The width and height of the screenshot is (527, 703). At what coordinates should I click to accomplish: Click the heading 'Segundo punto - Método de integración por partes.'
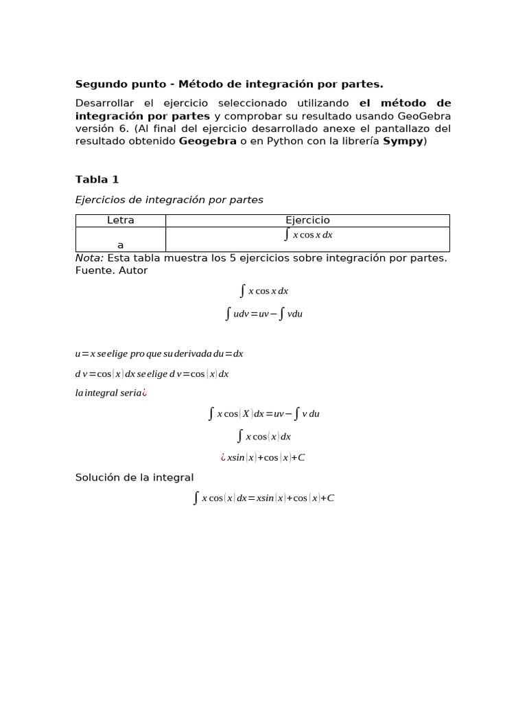coord(229,84)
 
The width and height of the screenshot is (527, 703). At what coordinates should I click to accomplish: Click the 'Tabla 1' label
coord(97,179)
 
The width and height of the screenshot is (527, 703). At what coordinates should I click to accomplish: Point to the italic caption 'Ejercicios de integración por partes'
coord(169,200)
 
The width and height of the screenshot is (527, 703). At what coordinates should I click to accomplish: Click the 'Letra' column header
coord(121,220)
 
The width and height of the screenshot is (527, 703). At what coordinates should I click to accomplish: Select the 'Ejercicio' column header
coord(307,220)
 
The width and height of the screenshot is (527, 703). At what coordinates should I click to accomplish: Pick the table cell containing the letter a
coord(121,244)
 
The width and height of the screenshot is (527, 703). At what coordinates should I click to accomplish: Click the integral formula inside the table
coord(308,235)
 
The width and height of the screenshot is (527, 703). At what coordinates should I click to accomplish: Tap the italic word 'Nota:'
coord(89,257)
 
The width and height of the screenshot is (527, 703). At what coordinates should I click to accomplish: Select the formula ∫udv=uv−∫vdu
coord(263,314)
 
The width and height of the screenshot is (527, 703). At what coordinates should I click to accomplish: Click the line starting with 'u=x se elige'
coord(159,354)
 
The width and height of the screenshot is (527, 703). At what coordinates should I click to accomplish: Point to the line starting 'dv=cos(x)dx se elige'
coord(152,374)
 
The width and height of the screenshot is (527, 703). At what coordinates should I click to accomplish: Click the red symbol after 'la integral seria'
coord(145,393)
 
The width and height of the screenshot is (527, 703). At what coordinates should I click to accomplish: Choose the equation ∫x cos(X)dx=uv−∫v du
coord(263,414)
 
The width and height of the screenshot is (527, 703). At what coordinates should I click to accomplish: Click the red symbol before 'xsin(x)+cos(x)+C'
coord(223,457)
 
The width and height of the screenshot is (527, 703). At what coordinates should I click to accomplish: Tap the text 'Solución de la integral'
coord(134,477)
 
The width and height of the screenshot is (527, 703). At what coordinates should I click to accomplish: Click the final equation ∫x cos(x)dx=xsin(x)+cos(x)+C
coord(263,498)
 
